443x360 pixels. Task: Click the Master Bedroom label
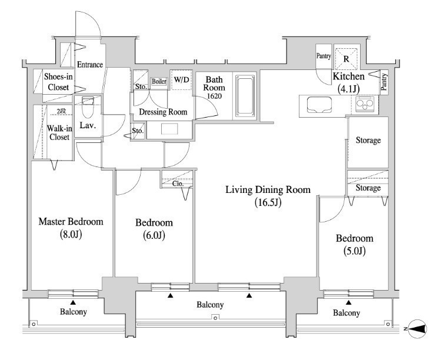(71, 222)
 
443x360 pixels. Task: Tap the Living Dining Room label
(268, 189)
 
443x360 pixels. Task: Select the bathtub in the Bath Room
(245, 95)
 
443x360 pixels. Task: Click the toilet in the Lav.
(87, 108)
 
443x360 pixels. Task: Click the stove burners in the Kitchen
(365, 104)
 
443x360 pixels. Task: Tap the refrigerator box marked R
(347, 59)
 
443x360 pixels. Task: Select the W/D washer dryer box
(181, 79)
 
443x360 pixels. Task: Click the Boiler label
(159, 81)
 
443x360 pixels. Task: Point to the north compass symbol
(418, 329)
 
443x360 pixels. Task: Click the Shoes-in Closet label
(58, 82)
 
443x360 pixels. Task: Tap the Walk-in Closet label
(59, 133)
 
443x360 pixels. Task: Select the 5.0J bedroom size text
(355, 251)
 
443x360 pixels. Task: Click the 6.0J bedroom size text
(154, 235)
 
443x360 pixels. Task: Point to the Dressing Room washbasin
(169, 129)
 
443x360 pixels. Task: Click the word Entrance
(90, 65)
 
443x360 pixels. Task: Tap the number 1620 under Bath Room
(214, 96)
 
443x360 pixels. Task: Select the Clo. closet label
(178, 184)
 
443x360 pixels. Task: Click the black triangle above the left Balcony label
(73, 302)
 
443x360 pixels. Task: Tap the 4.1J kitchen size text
(349, 89)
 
